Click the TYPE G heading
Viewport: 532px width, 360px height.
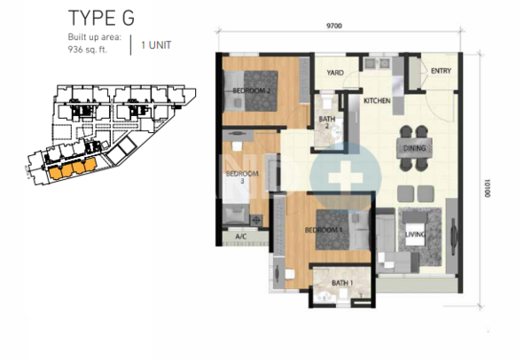[x=101, y=18]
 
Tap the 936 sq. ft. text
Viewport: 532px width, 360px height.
[x=88, y=50]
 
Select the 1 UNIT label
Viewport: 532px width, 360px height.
[x=156, y=45]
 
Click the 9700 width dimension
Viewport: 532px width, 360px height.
[x=334, y=26]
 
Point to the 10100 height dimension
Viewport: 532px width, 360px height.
[x=488, y=188]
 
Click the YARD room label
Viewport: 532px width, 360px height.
[x=335, y=73]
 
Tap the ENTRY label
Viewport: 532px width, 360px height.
[x=441, y=71]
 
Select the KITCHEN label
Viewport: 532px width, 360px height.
[x=377, y=101]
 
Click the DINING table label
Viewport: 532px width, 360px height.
[x=414, y=148]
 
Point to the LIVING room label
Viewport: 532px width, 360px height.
[x=415, y=234]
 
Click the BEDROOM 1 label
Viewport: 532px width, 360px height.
[x=324, y=230]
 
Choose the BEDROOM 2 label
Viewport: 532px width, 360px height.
[x=252, y=90]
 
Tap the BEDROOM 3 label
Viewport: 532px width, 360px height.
[x=242, y=177]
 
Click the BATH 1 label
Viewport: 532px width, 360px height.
[x=342, y=283]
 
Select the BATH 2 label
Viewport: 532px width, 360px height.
[x=327, y=122]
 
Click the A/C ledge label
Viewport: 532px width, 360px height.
[x=241, y=237]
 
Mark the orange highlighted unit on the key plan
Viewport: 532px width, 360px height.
[x=73, y=168]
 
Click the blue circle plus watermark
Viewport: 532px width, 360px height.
[x=346, y=176]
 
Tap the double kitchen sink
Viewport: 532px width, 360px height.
[x=378, y=63]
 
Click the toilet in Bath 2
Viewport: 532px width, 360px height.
[x=327, y=101]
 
